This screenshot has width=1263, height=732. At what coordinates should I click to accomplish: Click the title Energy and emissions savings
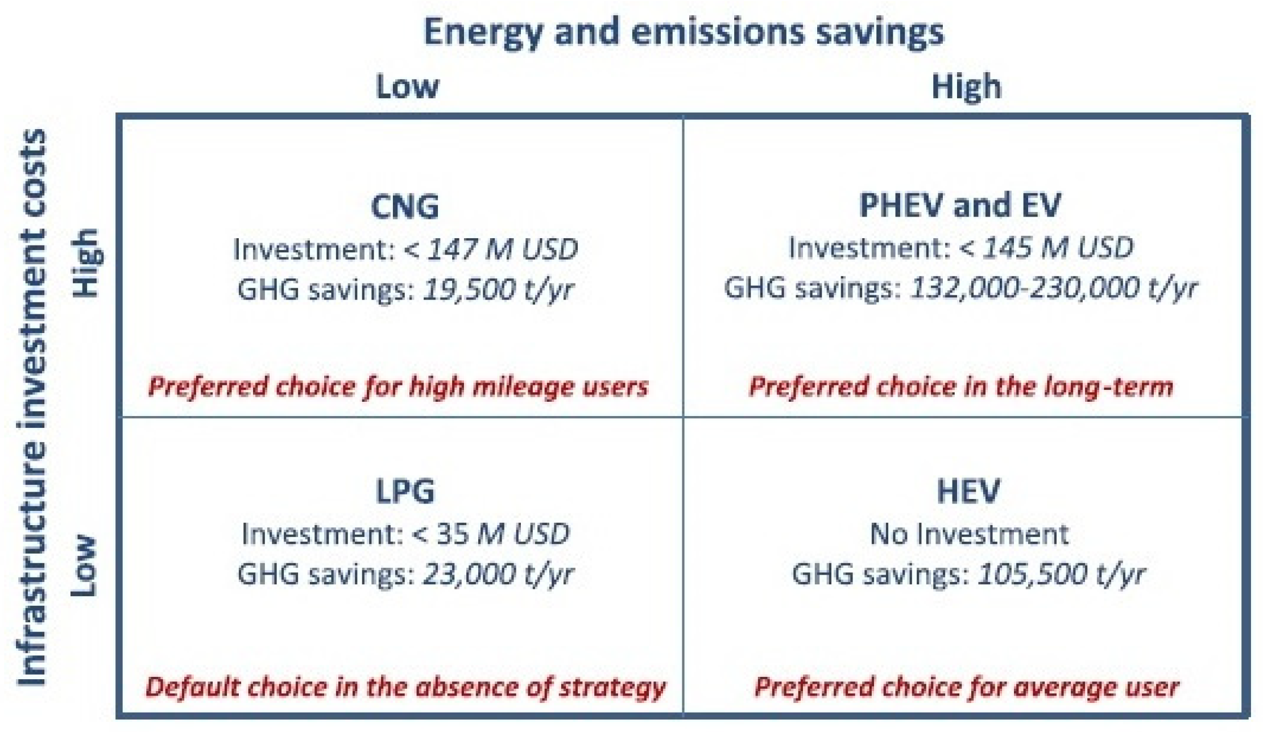click(684, 32)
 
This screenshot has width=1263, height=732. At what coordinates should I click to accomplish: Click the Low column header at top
click(407, 87)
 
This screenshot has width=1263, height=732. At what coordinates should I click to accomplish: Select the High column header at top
click(966, 87)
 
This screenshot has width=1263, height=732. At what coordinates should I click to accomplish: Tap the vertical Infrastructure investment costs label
click(32, 407)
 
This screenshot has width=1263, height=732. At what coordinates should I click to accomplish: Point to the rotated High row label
click(87, 263)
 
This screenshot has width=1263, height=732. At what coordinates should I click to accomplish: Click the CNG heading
click(405, 206)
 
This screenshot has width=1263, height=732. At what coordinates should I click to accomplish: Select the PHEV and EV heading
click(960, 205)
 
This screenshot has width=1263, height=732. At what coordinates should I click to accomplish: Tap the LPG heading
click(405, 492)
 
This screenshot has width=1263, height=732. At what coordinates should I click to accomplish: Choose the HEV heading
click(968, 492)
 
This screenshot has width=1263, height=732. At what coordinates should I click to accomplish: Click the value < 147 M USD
click(491, 249)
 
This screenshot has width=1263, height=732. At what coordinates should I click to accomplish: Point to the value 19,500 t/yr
click(498, 289)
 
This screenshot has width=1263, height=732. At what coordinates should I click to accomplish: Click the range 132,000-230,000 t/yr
click(1054, 288)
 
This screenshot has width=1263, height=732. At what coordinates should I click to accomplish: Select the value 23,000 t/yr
click(498, 574)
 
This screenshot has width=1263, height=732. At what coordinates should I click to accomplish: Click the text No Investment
click(969, 534)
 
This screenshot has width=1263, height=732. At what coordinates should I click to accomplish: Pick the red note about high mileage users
click(398, 387)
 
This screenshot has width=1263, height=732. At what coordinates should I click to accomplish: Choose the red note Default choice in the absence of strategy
click(405, 687)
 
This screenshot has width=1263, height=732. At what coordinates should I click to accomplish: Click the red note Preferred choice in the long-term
click(961, 387)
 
